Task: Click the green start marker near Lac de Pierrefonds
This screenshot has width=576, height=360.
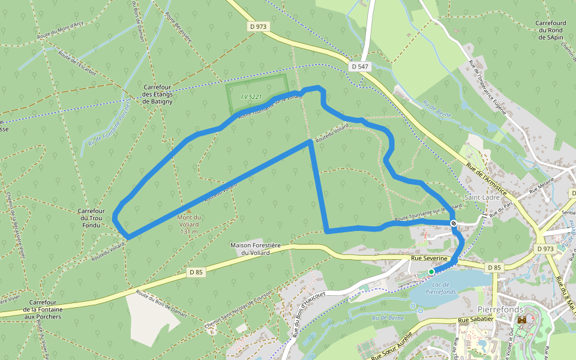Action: click(431, 272)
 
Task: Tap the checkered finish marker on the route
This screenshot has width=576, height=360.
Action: click(454, 223)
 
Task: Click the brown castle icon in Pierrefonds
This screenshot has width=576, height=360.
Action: click(522, 320)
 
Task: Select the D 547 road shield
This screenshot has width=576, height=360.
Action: click(359, 67)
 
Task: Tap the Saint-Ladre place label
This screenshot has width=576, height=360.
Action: click(479, 197)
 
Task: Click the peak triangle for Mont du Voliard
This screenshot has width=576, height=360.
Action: click(189, 211)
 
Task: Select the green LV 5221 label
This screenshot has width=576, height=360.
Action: click(251, 97)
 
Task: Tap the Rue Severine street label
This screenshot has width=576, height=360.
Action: click(429, 258)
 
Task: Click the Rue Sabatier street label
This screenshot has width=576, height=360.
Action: click(476, 320)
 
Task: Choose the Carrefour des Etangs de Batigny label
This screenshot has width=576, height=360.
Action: click(158, 94)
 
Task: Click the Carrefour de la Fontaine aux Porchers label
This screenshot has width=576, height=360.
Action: click(43, 310)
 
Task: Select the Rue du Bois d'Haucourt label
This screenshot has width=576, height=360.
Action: click(308, 313)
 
